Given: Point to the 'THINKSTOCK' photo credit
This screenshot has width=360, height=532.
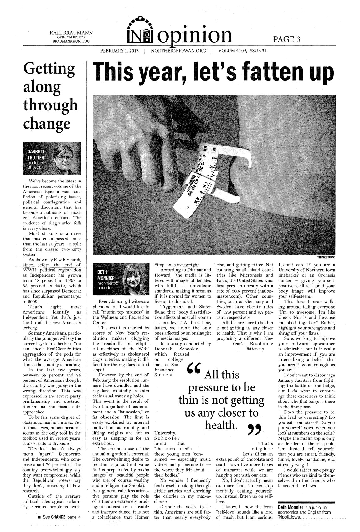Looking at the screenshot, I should click(326, 257).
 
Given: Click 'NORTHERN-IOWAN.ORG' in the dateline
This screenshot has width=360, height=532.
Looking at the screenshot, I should click(178, 51).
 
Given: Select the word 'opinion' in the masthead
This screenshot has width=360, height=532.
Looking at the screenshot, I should click(196, 35).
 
